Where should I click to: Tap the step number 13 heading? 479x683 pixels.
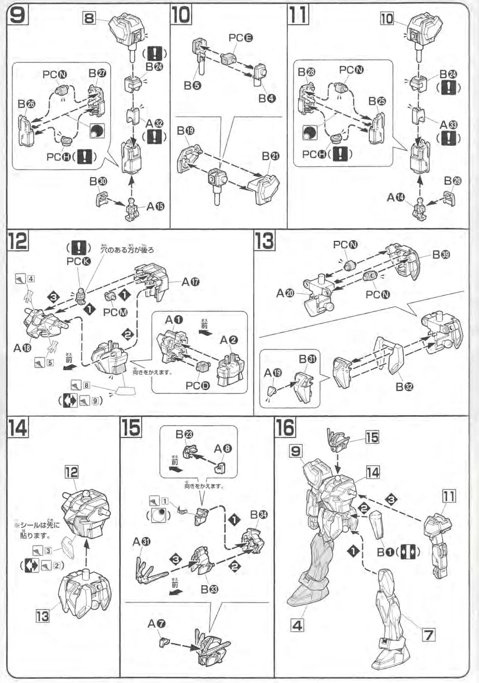coord(264,240)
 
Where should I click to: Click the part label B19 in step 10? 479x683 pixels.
coord(186,131)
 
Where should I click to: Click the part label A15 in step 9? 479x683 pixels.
coord(155,206)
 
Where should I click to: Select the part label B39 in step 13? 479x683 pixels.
coord(441,255)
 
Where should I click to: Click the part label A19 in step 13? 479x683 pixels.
coord(273,373)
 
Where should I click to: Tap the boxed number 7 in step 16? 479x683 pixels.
coord(428,634)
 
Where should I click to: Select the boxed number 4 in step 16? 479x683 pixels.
coord(297,625)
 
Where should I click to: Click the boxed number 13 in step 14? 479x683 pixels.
coord(42,617)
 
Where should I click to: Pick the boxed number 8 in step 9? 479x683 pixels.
coord(89,18)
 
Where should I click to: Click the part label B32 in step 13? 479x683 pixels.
coord(404,387)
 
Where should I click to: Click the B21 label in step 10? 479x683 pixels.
coord(270,156)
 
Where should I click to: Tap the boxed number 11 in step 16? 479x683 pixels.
coord(449,496)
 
